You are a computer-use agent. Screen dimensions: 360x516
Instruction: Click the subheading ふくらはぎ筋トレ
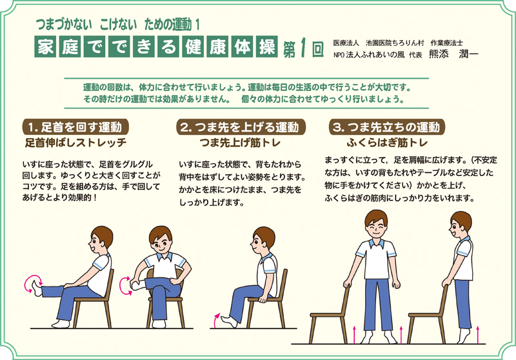387,141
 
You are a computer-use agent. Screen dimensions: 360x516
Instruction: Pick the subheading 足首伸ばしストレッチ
75,141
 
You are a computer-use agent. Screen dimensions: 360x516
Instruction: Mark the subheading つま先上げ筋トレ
239,141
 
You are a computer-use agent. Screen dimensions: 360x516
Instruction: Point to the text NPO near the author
341,55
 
